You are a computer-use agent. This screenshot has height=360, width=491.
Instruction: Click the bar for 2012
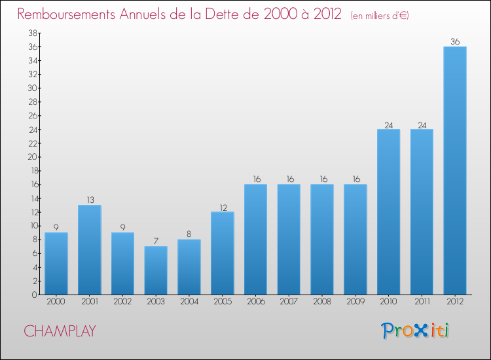pos(454,170)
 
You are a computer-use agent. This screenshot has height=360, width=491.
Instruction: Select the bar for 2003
pos(156,270)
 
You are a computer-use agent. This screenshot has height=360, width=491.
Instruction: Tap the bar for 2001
pos(89,249)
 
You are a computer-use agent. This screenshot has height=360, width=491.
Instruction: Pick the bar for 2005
pos(222,253)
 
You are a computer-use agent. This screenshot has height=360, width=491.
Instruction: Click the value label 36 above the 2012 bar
pos(454,42)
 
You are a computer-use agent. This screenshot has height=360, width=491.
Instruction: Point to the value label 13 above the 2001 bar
pos(89,200)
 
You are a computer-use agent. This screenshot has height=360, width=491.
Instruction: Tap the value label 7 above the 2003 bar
pos(156,242)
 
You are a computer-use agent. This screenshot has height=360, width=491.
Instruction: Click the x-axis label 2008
pos(321,302)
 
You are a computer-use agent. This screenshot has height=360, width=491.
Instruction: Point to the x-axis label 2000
pos(56,302)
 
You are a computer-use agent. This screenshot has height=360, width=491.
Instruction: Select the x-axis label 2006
pos(255,302)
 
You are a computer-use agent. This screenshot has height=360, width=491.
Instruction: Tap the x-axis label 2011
pos(422,302)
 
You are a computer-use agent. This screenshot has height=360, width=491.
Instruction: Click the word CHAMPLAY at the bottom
pos(60,331)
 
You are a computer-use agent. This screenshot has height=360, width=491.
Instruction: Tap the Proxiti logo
pos(415,331)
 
